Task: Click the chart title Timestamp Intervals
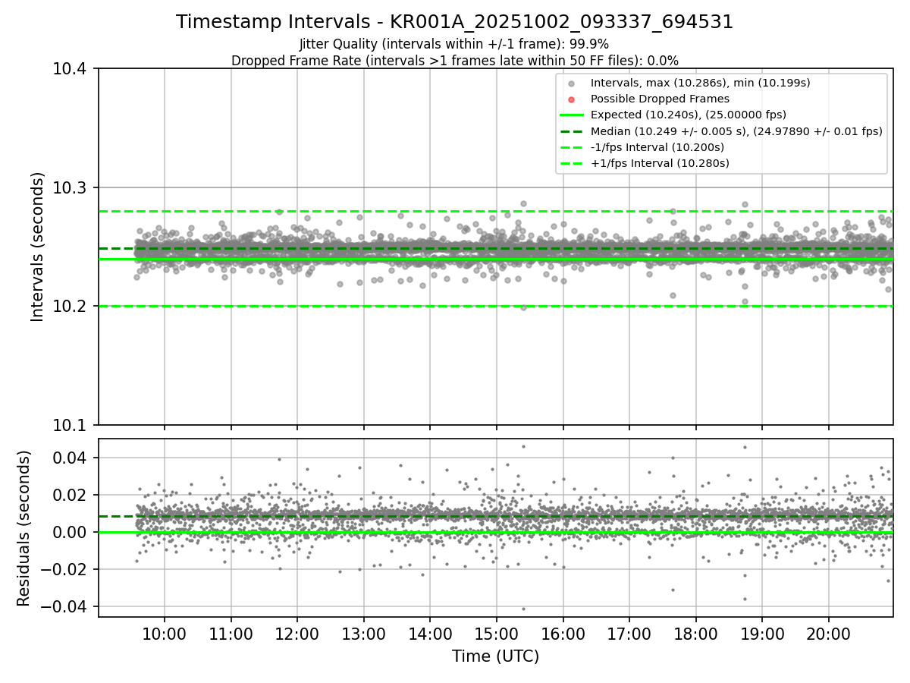(x=454, y=22)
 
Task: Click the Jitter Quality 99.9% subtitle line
(x=454, y=44)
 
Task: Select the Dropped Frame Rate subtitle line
(x=454, y=60)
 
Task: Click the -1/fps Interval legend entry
(x=657, y=147)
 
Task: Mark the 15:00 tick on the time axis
(x=496, y=633)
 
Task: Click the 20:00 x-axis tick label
(x=828, y=633)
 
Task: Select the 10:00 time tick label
(x=165, y=633)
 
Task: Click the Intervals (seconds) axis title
(x=37, y=247)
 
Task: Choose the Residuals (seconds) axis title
(x=24, y=528)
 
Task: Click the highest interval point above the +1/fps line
(x=523, y=203)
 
